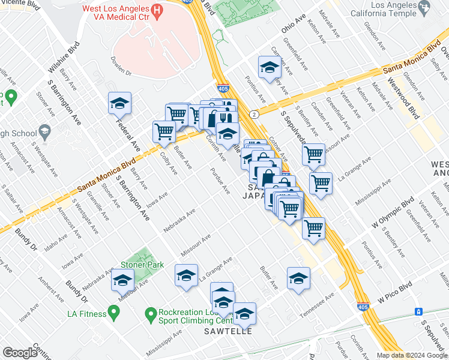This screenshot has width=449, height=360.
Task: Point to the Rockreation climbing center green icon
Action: click(x=151, y=313)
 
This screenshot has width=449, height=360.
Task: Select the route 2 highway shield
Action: click(x=255, y=114)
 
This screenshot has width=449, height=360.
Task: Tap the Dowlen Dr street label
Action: click(x=121, y=67)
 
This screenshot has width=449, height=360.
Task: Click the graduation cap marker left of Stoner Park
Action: click(x=122, y=280)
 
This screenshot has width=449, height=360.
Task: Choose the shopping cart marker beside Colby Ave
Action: click(x=164, y=131)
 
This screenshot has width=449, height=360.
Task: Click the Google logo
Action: click(x=20, y=353)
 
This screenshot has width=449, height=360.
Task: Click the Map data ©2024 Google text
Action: click(x=411, y=355)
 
